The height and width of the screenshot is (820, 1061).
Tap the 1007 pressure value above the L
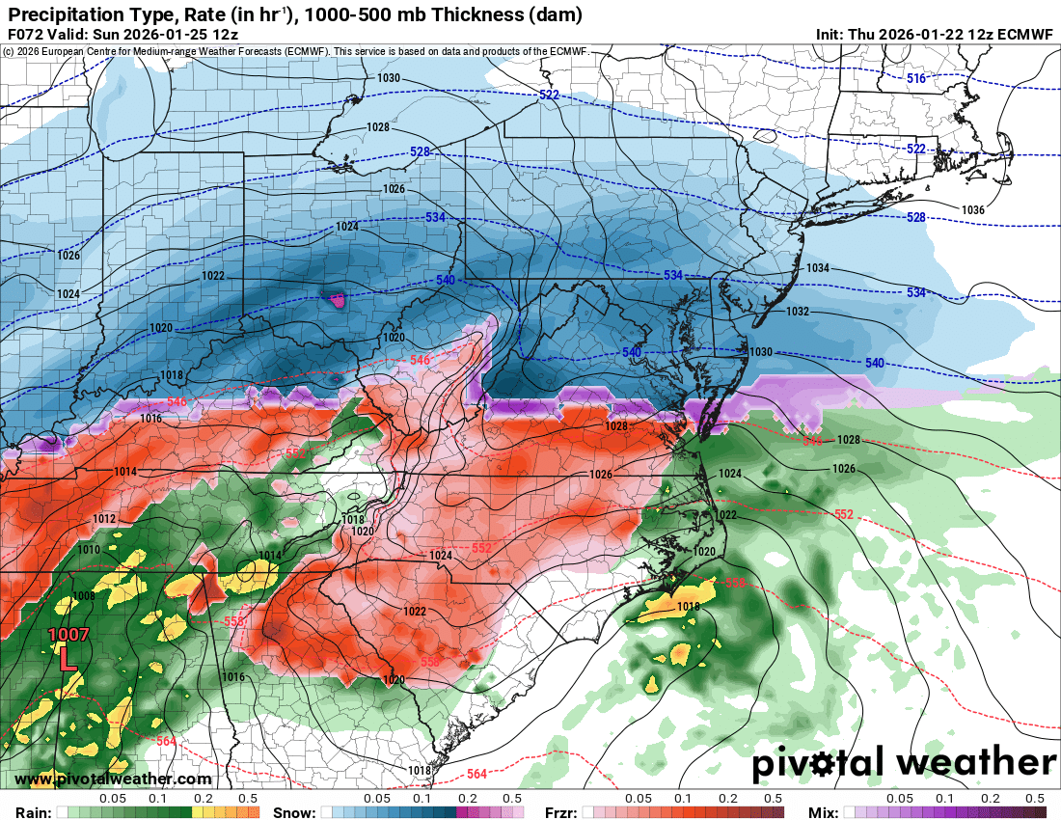pos(68,635)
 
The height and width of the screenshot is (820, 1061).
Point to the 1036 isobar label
pos(972,209)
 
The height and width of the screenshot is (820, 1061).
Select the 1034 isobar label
pos(817,268)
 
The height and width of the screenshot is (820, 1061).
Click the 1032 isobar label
pos(797,312)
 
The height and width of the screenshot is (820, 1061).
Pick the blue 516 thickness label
pos(915,78)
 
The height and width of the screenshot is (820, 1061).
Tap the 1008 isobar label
pos(84,596)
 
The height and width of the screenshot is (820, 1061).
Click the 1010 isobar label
pos(88,550)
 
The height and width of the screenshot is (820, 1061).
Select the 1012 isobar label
pos(104,519)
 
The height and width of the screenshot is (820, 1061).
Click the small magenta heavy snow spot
pos(337,301)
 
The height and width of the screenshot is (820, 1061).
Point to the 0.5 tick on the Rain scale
pos(248,799)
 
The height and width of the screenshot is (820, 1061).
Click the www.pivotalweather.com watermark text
pos(113,779)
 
